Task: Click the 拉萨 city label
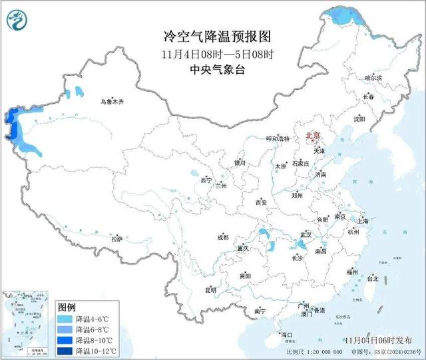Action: [x=117, y=238]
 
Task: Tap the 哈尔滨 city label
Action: [x=373, y=78]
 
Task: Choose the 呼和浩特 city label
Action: [x=278, y=138]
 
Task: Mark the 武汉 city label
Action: [x=306, y=235]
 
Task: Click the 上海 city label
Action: [x=363, y=220]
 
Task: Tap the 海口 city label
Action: [x=287, y=334]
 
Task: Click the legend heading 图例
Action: [x=67, y=307]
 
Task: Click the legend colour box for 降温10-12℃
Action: [x=66, y=350]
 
